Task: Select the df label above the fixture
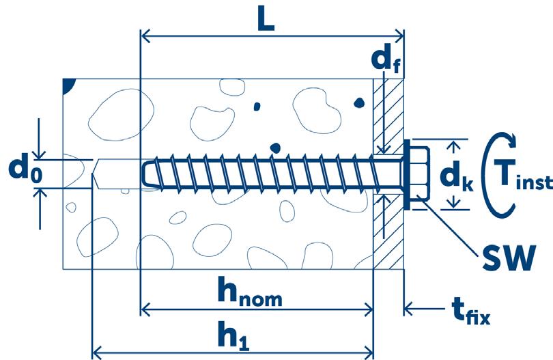point(386,64)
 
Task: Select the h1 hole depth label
point(233,336)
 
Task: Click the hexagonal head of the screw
point(418,174)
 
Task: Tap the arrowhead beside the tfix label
point(410,309)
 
